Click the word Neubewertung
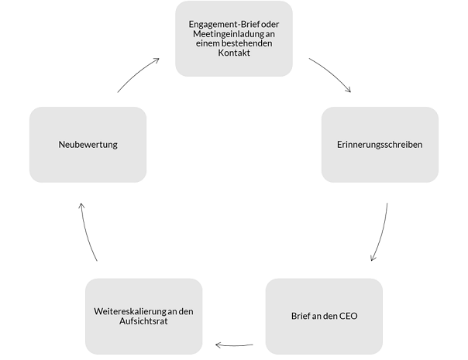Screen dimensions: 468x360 click(x=88, y=145)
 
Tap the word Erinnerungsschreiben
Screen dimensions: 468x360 click(x=380, y=145)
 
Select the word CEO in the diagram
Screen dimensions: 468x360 click(x=349, y=316)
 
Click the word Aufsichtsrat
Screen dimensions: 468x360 click(x=143, y=321)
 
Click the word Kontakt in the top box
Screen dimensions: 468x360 click(x=234, y=53)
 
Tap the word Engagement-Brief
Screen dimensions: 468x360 click(x=224, y=25)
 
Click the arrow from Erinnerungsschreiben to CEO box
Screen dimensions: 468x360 click(x=382, y=233)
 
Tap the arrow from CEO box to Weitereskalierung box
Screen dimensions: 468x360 click(x=234, y=346)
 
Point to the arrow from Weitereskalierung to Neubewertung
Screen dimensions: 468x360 click(x=87, y=233)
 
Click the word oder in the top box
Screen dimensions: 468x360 click(x=270, y=25)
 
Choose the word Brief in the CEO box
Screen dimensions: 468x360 click(x=301, y=316)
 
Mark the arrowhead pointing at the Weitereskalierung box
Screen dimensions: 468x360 click(x=218, y=345)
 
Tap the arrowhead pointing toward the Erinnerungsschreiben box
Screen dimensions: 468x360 click(x=349, y=90)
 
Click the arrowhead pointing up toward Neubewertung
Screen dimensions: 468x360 click(x=81, y=206)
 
